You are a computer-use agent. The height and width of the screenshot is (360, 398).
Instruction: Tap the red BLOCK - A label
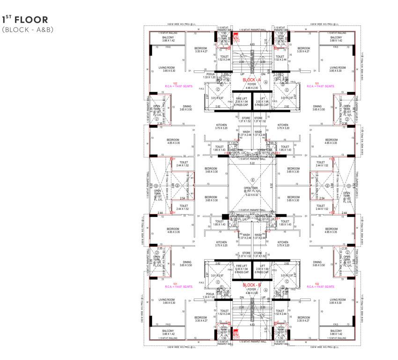click(x=252, y=80)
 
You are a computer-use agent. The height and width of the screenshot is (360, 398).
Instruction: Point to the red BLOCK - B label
click(x=252, y=285)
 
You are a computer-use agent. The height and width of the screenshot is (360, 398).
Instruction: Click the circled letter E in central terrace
click(x=252, y=180)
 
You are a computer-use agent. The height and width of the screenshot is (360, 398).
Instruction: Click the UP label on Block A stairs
click(x=242, y=74)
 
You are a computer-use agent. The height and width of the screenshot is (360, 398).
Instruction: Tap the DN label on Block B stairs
click(x=242, y=297)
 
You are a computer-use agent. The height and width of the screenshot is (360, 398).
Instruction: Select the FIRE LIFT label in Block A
click(x=242, y=98)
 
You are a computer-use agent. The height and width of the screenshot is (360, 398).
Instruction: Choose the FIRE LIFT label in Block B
click(x=242, y=265)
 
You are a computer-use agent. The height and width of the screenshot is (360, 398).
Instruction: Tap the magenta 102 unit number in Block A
click(x=170, y=83)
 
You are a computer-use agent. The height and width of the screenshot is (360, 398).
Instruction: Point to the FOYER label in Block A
click(x=252, y=84)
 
